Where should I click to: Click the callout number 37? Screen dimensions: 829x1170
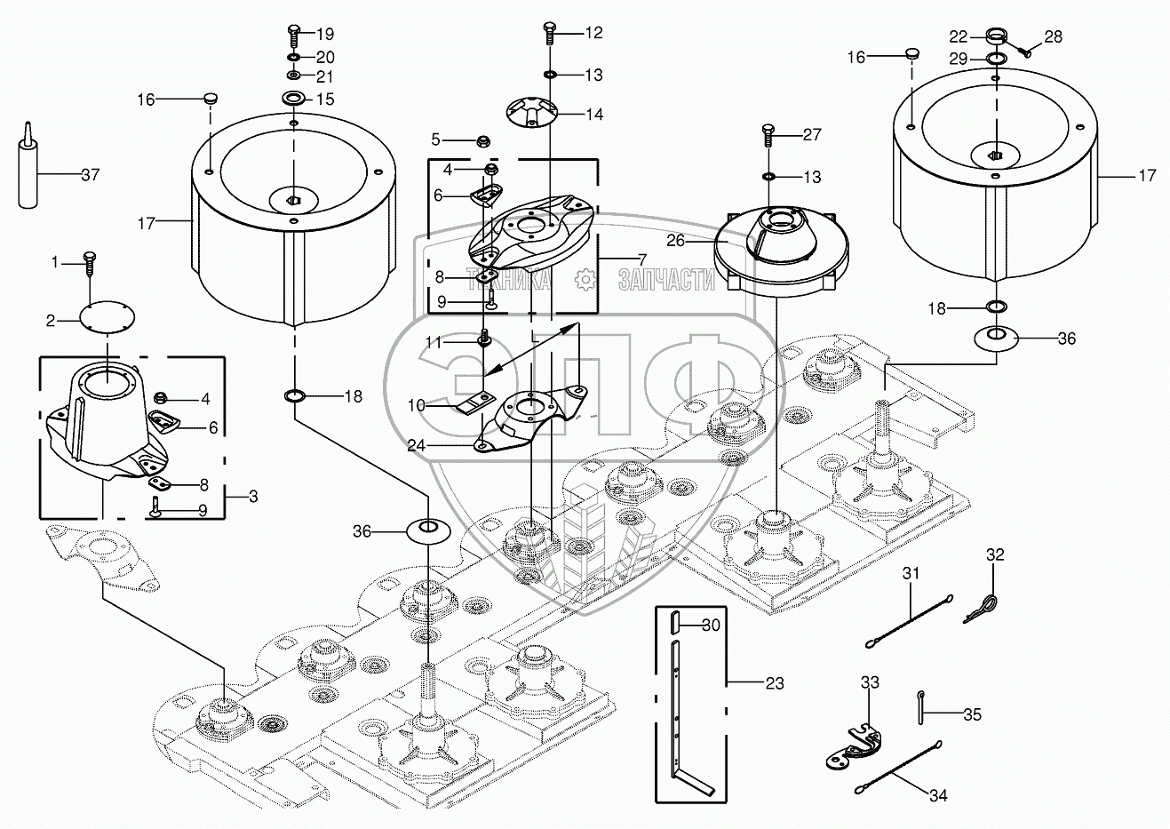coord(90,174)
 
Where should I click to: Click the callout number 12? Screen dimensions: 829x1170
coord(593,33)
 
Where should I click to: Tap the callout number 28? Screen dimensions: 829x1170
coord(1053,36)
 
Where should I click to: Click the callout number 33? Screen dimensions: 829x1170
coord(870,682)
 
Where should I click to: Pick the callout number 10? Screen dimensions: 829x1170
coord(417,405)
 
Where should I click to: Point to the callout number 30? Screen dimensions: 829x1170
coord(710,625)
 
